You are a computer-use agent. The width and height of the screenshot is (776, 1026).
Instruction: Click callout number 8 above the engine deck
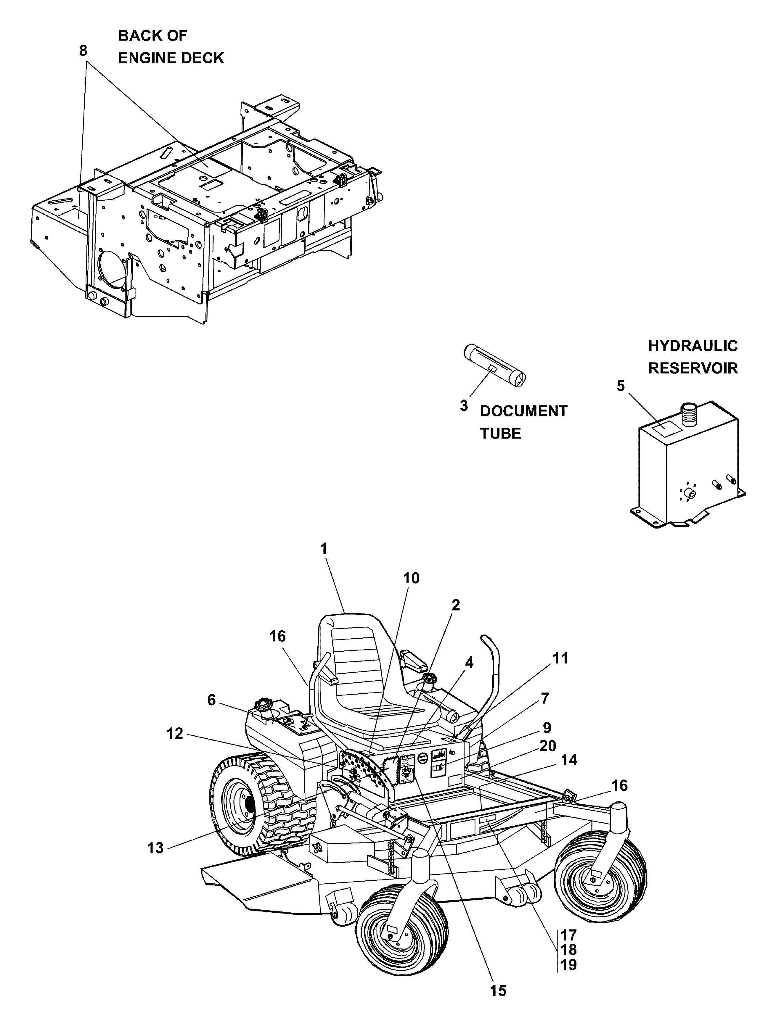click(83, 51)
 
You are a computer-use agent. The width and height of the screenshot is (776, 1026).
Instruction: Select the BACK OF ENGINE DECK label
click(171, 47)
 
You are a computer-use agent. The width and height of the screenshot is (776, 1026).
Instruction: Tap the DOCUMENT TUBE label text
click(523, 422)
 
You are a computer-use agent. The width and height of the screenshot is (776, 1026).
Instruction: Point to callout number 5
click(621, 386)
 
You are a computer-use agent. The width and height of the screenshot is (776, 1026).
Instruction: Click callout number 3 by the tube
click(464, 405)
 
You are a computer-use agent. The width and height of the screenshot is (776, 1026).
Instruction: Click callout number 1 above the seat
click(324, 549)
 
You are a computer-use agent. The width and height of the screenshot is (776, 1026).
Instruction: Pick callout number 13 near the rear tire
click(155, 848)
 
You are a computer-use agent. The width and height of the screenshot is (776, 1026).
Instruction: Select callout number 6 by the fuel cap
click(212, 700)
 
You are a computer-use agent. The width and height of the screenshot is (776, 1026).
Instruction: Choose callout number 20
click(548, 746)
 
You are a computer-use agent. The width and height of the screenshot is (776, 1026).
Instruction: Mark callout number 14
click(569, 760)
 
